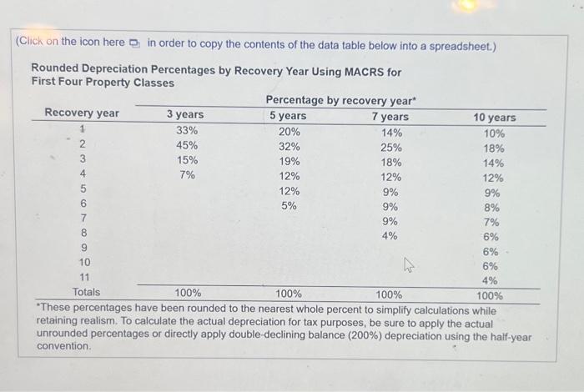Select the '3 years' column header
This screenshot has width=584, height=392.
coord(184,115)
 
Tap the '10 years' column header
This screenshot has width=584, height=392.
coord(495,118)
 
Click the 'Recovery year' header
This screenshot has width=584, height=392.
coord(82,113)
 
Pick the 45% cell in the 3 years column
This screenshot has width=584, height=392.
coord(187,145)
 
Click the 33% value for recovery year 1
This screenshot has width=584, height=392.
coord(187,130)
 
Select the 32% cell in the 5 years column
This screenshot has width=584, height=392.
coord(289,146)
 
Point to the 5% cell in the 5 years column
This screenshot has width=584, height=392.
coord(289,205)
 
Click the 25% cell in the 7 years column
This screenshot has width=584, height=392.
coord(390,148)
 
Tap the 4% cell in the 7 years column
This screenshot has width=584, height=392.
coord(390,235)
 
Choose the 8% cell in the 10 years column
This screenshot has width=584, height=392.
coord(491,208)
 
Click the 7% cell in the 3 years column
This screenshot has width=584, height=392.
coord(187,175)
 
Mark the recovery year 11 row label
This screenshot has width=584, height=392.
coord(83,277)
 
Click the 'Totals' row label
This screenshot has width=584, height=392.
coord(86,292)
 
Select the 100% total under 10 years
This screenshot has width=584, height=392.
coord(489,295)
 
